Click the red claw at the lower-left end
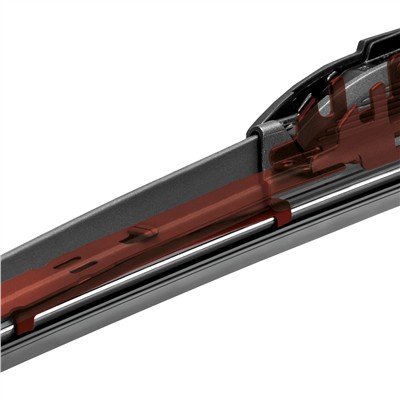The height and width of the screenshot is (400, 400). [25, 318]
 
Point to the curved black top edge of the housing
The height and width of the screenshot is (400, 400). [300, 75]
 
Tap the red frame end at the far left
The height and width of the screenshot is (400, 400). [10, 295]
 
